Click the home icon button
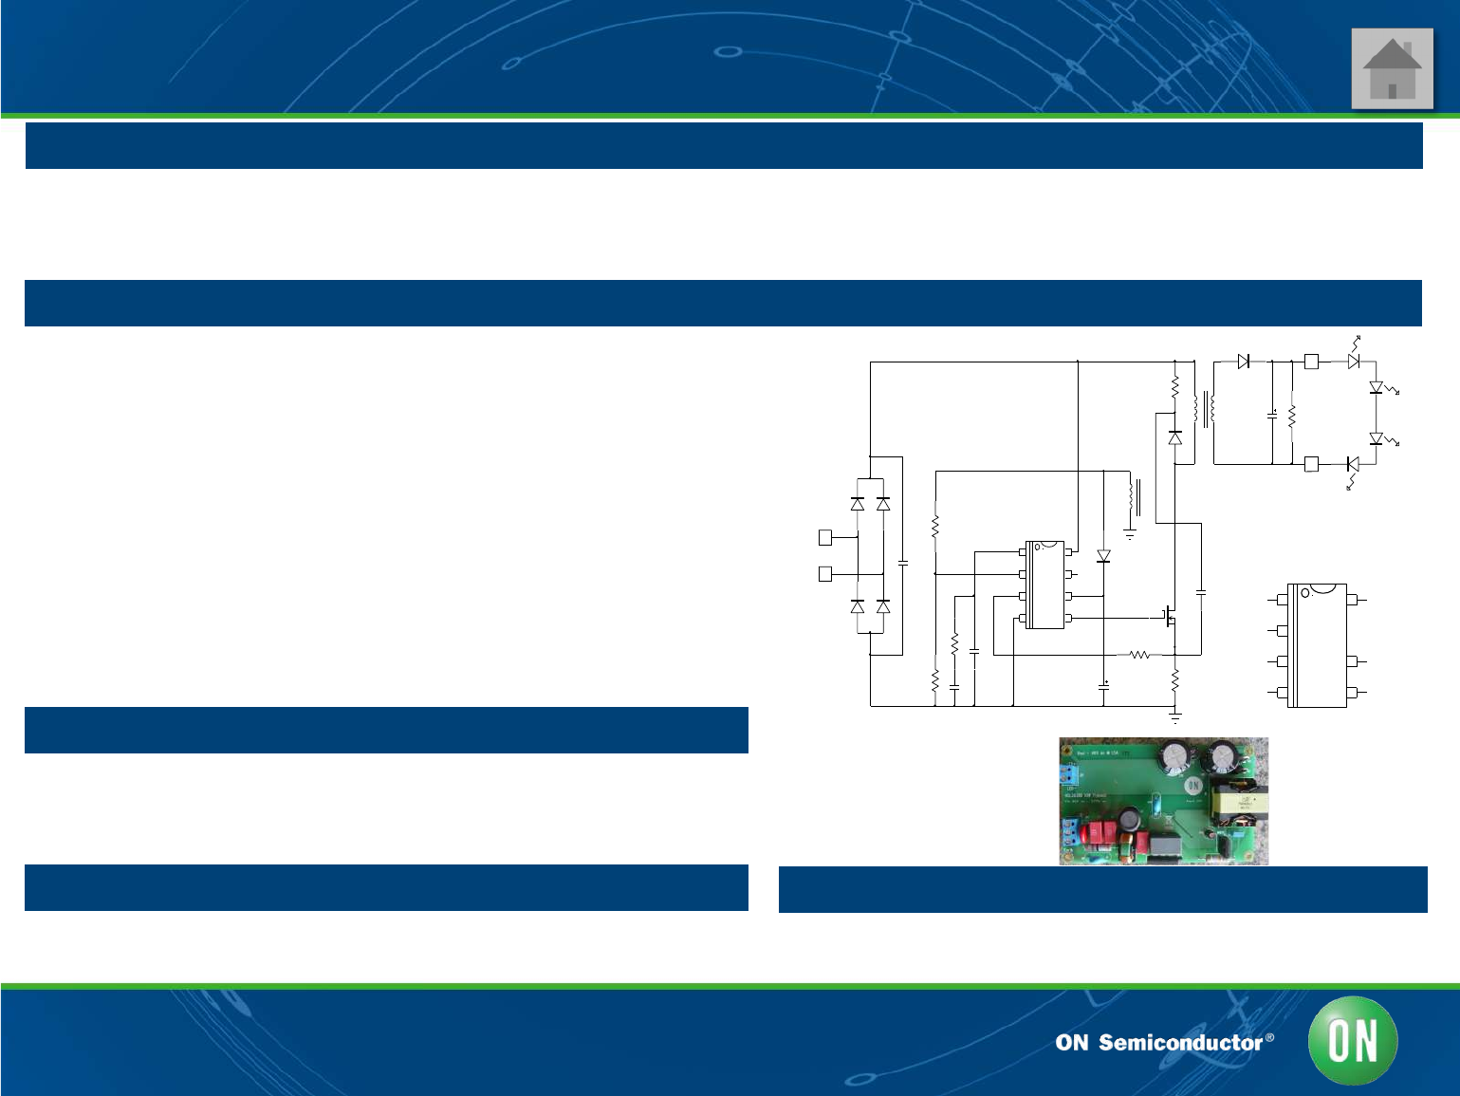click(x=1392, y=68)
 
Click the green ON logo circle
click(x=1353, y=1041)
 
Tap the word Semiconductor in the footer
click(x=1180, y=1043)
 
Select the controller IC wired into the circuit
click(x=1045, y=585)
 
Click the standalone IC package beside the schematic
click(x=1318, y=645)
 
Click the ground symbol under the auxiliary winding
click(x=1130, y=535)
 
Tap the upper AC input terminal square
click(x=825, y=538)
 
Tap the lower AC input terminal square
click(x=825, y=574)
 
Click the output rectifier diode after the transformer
click(x=1244, y=362)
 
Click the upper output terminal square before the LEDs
click(x=1311, y=362)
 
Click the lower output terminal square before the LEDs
click(x=1311, y=464)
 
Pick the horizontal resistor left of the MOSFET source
click(x=1140, y=655)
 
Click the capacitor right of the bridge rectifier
click(x=902, y=563)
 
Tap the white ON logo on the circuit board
click(x=1192, y=786)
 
